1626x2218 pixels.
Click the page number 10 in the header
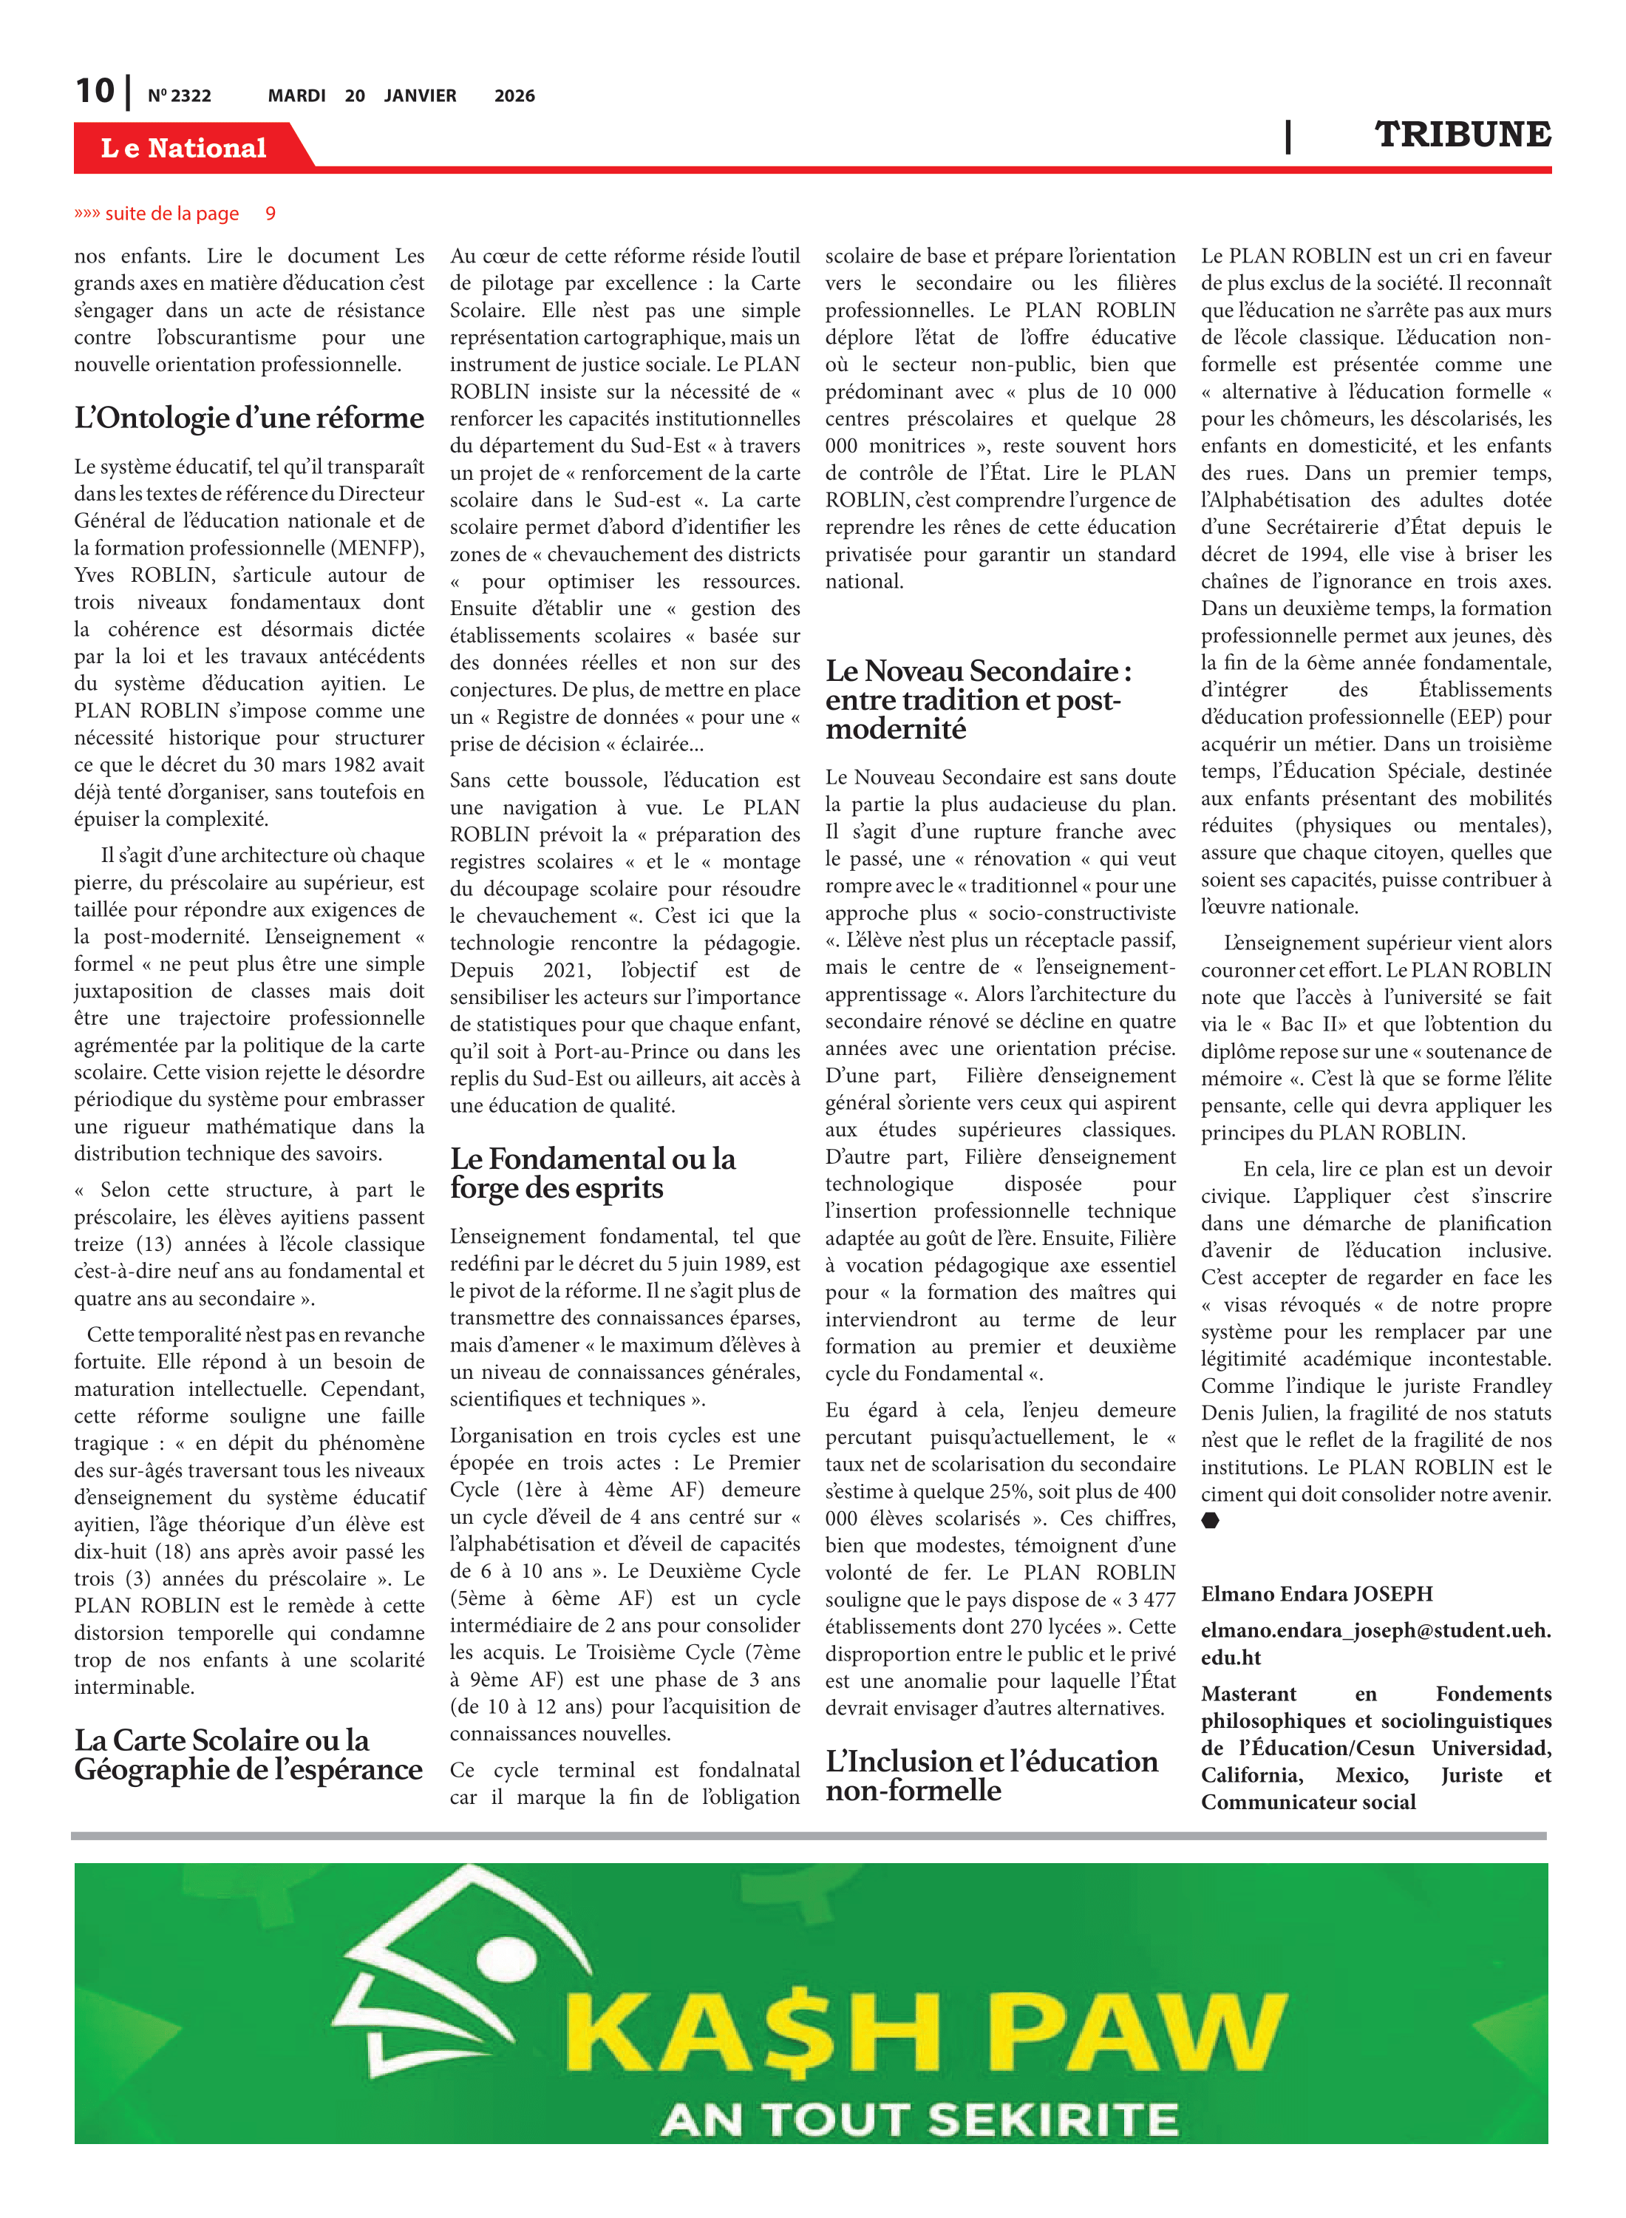click(x=95, y=92)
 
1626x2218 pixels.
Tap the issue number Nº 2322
click(x=179, y=95)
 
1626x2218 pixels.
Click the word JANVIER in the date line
click(x=421, y=95)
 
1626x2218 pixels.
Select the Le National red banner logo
click(x=184, y=148)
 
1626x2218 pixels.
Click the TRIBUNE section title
click(x=1462, y=135)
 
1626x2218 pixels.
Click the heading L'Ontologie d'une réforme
click(x=249, y=418)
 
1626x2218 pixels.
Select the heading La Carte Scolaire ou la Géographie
click(x=248, y=1754)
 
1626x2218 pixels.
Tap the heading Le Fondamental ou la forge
click(x=593, y=1173)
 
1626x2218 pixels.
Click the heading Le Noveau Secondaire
click(x=979, y=699)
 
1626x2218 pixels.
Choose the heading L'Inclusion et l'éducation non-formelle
click(x=991, y=1775)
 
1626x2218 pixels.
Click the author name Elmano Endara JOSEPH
click(x=1316, y=1594)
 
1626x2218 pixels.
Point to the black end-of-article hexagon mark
click(x=1210, y=1521)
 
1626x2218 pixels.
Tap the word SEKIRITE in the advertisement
click(x=1053, y=2120)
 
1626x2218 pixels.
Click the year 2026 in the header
click(x=514, y=95)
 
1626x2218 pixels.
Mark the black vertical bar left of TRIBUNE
click(x=1287, y=136)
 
